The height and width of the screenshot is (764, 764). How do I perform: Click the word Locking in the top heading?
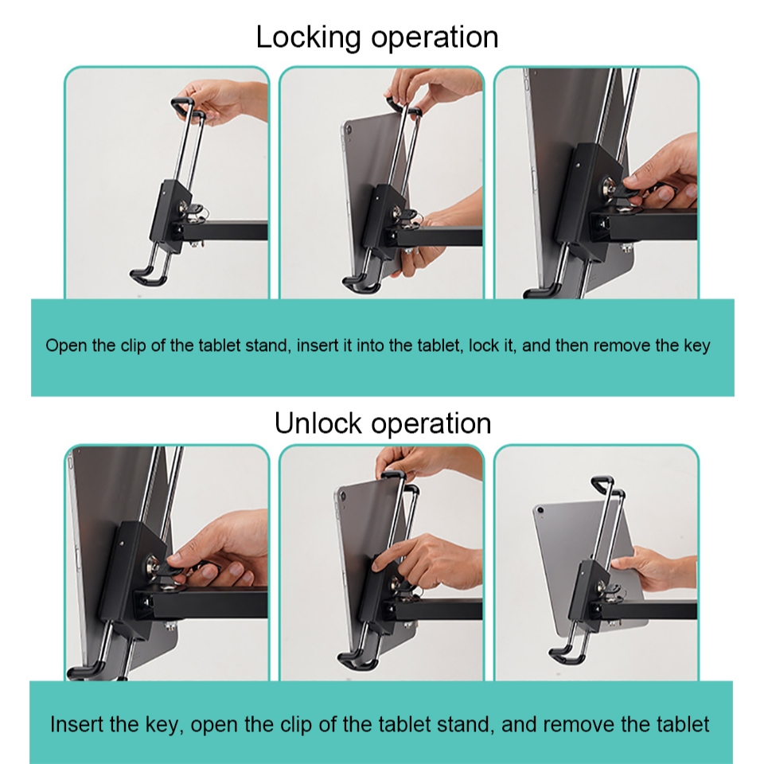pyautogui.click(x=308, y=37)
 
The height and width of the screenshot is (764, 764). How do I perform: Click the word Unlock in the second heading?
pyautogui.click(x=318, y=423)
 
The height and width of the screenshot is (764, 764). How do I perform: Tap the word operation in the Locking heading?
pyautogui.click(x=435, y=38)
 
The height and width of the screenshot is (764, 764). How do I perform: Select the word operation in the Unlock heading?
pyautogui.click(x=431, y=424)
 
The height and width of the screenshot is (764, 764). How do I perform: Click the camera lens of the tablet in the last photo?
pyautogui.click(x=540, y=511)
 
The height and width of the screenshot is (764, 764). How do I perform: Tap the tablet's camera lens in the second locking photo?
pyautogui.click(x=347, y=130)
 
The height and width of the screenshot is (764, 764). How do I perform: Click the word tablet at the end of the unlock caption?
pyautogui.click(x=683, y=724)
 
